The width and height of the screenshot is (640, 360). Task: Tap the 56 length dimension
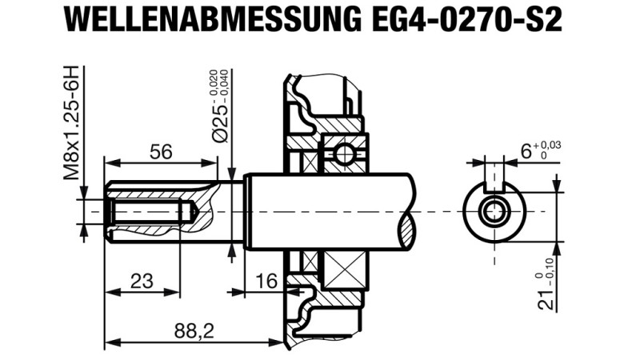pos(161,151)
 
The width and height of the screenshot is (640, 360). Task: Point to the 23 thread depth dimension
pos(142,281)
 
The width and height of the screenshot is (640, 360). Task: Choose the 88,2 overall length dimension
pos(194,330)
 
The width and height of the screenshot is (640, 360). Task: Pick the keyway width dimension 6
pos(526,151)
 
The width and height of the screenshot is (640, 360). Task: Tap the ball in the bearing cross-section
pos(345,152)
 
